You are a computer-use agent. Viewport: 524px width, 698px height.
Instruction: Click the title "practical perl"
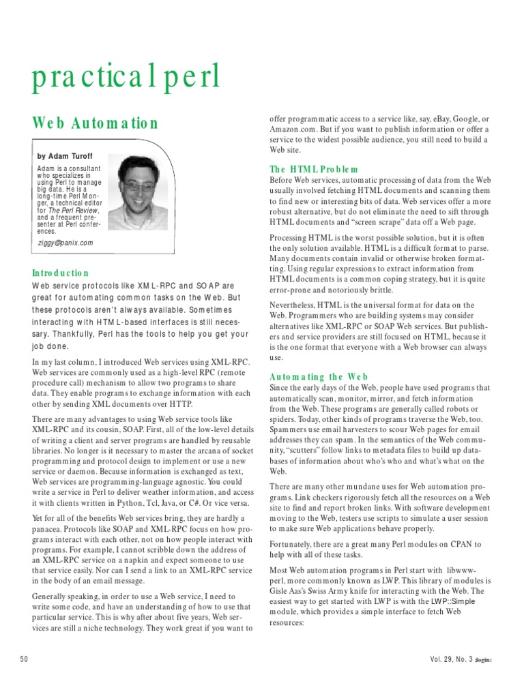click(126, 77)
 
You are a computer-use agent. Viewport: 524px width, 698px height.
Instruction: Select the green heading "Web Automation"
click(96, 123)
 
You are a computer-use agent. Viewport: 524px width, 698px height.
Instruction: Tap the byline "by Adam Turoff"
click(65, 156)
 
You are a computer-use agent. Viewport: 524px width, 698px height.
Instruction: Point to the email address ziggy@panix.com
click(65, 243)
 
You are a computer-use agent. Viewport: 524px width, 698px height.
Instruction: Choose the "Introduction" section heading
click(61, 273)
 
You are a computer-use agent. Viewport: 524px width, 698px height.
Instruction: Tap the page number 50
click(25, 658)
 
